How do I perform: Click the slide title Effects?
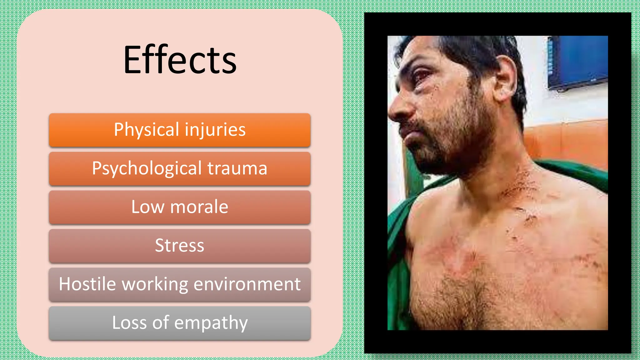click(180, 60)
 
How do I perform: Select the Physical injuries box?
click(180, 130)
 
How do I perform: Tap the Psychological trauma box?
click(180, 169)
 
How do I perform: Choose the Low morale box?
click(180, 207)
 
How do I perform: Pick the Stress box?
click(180, 246)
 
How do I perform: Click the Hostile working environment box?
click(180, 284)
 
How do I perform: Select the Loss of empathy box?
click(180, 323)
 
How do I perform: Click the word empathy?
click(211, 323)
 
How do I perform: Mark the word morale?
click(199, 207)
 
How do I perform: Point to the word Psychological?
click(147, 169)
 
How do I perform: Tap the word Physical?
click(147, 130)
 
